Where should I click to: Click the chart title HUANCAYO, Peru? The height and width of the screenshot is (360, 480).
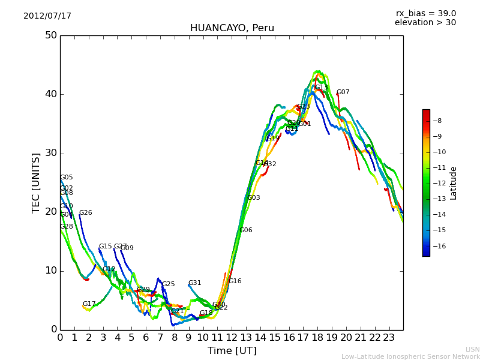232,28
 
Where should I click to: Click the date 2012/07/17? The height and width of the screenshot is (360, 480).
47,16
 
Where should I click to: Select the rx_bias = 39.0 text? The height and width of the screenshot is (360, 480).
425,14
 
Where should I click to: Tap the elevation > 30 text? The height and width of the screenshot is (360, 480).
425,23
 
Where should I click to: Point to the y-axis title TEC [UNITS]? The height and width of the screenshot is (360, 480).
36,182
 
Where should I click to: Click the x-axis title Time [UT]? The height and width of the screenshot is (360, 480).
232,351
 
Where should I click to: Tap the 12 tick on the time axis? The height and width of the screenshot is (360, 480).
232,338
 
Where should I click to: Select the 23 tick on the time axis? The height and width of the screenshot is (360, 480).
389,338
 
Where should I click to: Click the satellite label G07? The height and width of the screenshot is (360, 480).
343,92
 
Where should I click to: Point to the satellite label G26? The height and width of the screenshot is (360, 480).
86,213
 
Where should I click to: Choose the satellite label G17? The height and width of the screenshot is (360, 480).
89,304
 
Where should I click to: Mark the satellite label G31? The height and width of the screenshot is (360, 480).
195,283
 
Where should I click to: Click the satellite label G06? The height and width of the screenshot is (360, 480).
246,230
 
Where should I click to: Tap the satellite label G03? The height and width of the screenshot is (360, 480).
254,198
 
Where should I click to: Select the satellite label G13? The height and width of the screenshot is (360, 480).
322,88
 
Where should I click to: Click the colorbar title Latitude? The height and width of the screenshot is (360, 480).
454,183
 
